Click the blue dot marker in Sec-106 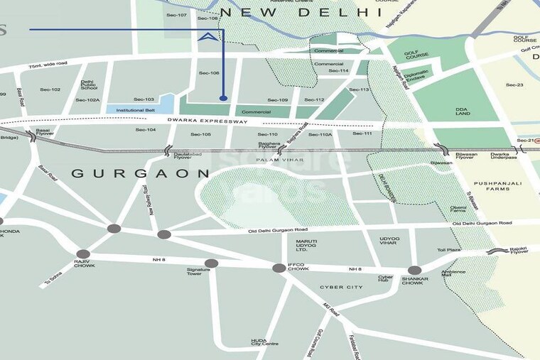click(x=224, y=98)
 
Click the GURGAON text click(x=141, y=173)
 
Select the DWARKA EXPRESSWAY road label click(x=207, y=122)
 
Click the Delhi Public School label click(x=89, y=84)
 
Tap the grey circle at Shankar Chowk click(x=414, y=270)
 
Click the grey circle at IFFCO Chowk click(x=280, y=268)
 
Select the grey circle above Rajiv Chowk click(x=83, y=253)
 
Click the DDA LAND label click(x=463, y=111)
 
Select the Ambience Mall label click(x=453, y=274)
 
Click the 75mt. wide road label click(x=48, y=64)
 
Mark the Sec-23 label click(x=514, y=84)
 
